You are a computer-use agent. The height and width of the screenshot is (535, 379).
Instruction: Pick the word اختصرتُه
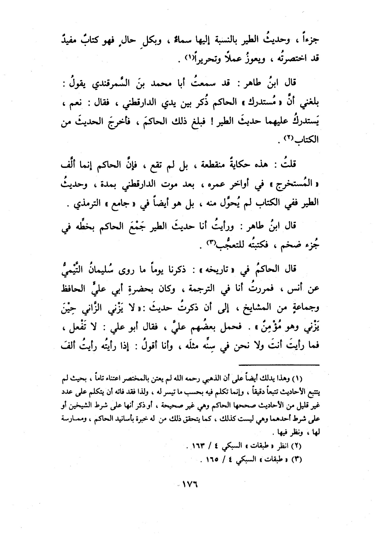(x=283, y=59)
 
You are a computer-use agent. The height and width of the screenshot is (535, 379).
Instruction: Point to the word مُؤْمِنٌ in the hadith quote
(x=85, y=329)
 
